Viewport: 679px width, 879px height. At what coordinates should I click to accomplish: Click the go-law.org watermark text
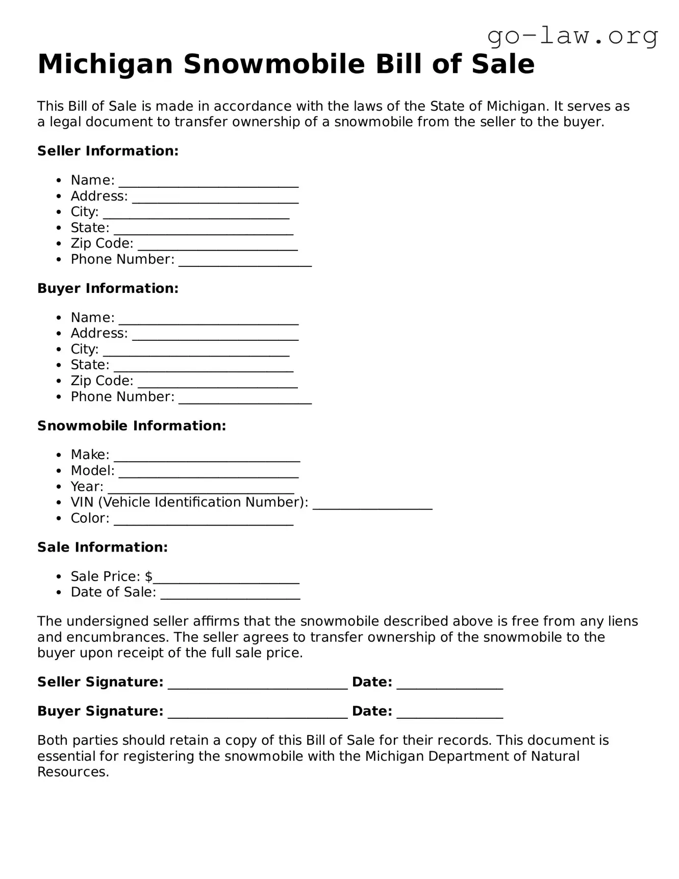coord(572,36)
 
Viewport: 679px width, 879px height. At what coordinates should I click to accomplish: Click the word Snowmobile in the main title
coord(274,64)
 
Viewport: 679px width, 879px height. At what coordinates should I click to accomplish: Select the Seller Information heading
coord(108,151)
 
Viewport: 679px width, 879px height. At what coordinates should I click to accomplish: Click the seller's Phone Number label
coord(122,260)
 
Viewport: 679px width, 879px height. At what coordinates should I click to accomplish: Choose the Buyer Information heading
coord(108,288)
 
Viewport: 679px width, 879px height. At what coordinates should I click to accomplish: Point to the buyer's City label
coord(84,349)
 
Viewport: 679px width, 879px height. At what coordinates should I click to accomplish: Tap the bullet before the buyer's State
coord(60,365)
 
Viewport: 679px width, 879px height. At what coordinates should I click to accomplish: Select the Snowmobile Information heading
coord(131,425)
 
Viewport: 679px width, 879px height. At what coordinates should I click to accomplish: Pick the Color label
coord(90,518)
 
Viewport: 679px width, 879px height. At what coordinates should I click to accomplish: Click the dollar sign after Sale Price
coord(148,576)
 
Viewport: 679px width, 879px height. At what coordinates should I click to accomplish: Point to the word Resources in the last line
coord(73,772)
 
